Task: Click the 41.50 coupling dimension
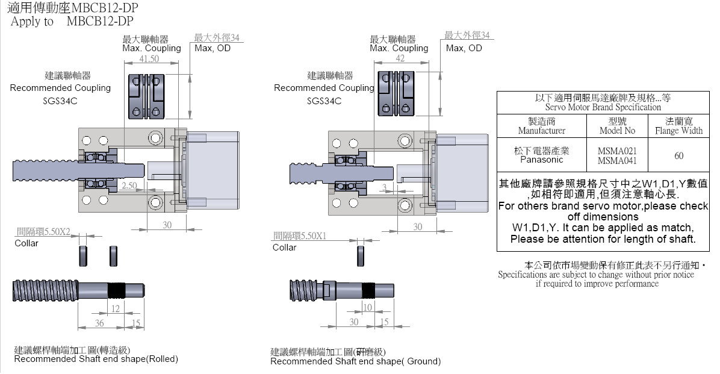(149, 59)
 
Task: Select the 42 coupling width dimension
(400, 58)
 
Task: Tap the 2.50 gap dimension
(129, 186)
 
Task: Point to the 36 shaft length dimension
(100, 323)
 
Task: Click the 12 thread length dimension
(116, 309)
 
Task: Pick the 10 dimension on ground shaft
(368, 308)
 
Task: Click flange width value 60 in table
(679, 155)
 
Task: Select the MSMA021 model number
(617, 151)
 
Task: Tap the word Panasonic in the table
(541, 160)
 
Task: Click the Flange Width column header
(679, 126)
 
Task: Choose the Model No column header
(617, 126)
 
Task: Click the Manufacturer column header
(541, 126)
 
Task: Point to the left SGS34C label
(60, 101)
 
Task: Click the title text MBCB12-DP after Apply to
(101, 22)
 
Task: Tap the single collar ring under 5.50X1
(361, 256)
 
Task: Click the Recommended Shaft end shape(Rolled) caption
(96, 359)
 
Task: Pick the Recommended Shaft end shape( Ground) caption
(355, 361)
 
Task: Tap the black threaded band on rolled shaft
(117, 291)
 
